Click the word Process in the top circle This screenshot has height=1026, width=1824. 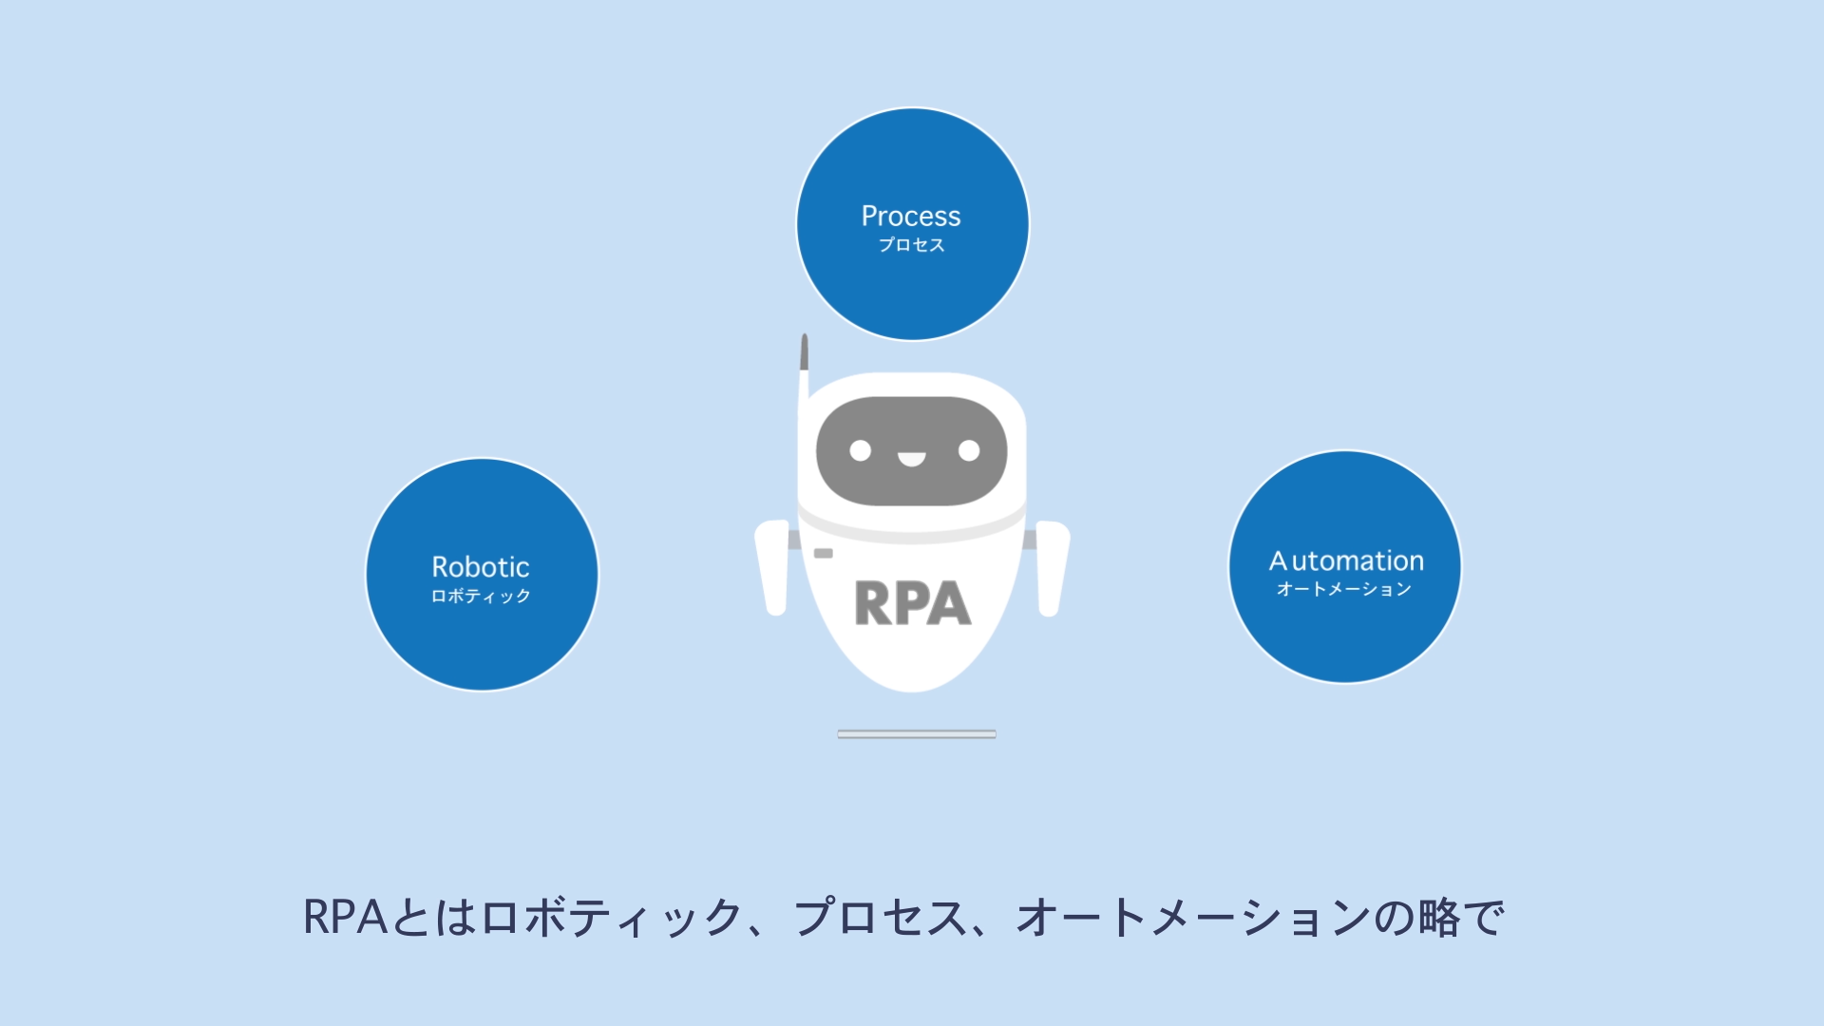(911, 217)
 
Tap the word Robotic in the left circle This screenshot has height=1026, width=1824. (481, 567)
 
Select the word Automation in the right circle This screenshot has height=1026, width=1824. (1346, 560)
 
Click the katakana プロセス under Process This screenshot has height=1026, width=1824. (911, 245)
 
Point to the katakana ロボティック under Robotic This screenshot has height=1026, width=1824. (481, 596)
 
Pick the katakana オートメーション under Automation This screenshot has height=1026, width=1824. (1343, 589)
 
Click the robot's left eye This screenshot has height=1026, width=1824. (860, 450)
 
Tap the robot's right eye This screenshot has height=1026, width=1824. (969, 450)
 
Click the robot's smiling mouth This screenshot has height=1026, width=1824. (912, 460)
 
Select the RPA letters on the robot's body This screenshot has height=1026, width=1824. (912, 603)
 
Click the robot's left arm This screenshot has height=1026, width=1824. (774, 568)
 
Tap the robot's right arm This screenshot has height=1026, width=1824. (1052, 568)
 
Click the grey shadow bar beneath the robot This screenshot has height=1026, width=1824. (917, 733)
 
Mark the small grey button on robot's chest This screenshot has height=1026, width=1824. (824, 553)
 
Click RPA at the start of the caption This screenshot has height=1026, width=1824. (345, 918)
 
